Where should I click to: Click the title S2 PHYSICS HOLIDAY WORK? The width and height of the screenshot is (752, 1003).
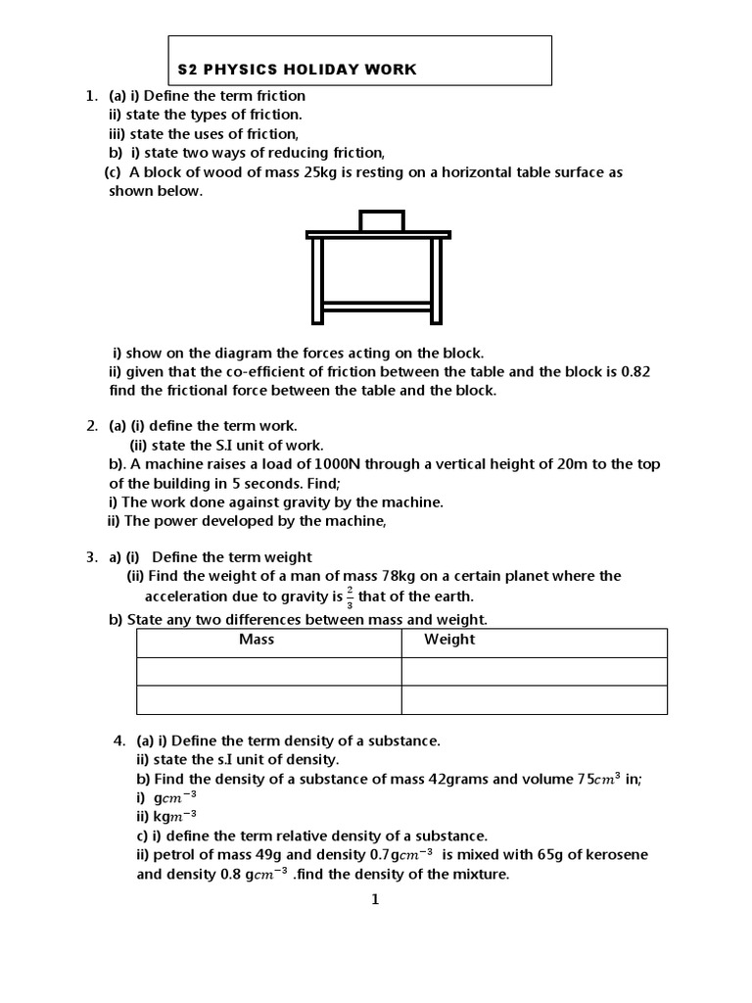click(296, 70)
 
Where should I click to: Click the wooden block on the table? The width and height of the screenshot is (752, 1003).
click(381, 220)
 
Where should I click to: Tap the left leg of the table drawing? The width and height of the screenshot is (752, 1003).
click(317, 280)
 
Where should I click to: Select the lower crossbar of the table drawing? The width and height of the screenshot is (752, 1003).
click(376, 307)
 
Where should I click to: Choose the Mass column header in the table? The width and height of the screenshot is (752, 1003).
click(257, 640)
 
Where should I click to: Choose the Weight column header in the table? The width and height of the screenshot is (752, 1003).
click(448, 640)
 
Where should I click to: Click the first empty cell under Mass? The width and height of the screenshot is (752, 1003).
click(268, 671)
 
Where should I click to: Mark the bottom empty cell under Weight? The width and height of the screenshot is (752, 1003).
click(534, 700)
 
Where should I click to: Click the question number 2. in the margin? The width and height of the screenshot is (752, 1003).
click(92, 426)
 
